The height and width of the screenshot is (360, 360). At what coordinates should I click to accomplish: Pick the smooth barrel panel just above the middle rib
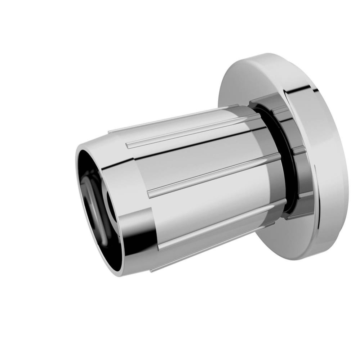[x=202, y=158]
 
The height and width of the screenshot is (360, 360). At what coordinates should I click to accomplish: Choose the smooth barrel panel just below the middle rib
[x=209, y=202]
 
